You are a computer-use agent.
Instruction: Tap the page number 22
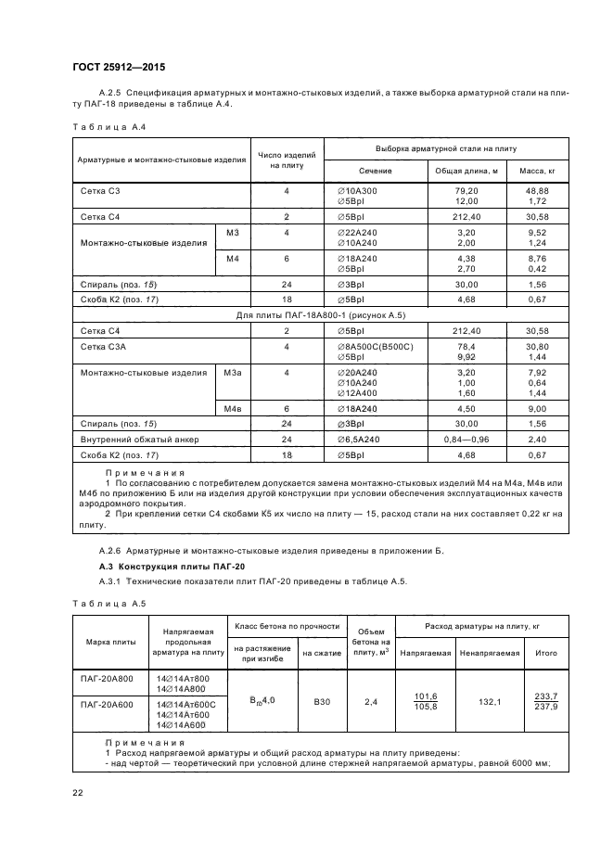point(78,791)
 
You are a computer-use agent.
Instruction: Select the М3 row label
point(232,232)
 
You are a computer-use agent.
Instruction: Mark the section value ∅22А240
point(357,232)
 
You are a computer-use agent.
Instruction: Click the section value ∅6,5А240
point(360,439)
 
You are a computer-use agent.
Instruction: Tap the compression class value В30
point(322,702)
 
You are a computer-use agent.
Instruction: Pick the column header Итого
point(546,653)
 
